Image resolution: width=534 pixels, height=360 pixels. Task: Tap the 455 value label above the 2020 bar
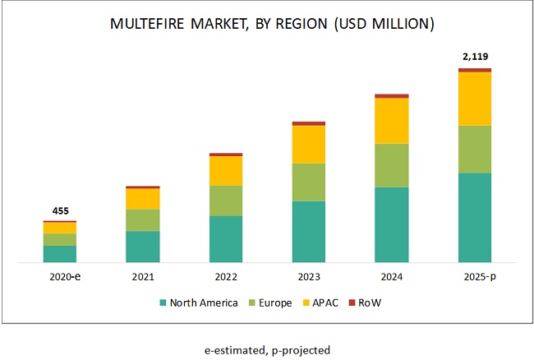click(60, 211)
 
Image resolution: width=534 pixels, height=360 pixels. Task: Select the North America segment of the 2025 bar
click(475, 217)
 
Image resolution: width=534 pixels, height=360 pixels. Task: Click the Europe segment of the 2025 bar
click(475, 149)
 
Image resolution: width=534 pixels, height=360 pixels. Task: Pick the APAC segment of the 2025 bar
click(475, 99)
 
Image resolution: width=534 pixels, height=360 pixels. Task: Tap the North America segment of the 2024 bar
click(391, 224)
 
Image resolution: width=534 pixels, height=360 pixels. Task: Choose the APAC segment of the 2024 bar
click(391, 121)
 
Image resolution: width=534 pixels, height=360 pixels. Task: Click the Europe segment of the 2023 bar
click(308, 182)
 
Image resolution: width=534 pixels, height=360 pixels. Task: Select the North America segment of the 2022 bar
click(225, 239)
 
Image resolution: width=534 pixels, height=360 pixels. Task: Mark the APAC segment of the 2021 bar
click(142, 198)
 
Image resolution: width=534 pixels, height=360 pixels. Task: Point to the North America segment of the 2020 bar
click(60, 254)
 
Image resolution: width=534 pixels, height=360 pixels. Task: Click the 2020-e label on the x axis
click(60, 277)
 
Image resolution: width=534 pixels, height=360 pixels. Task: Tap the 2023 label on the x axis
click(308, 277)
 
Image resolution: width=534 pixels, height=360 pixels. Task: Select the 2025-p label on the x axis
click(475, 277)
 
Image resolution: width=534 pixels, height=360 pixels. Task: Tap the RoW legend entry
click(371, 302)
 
